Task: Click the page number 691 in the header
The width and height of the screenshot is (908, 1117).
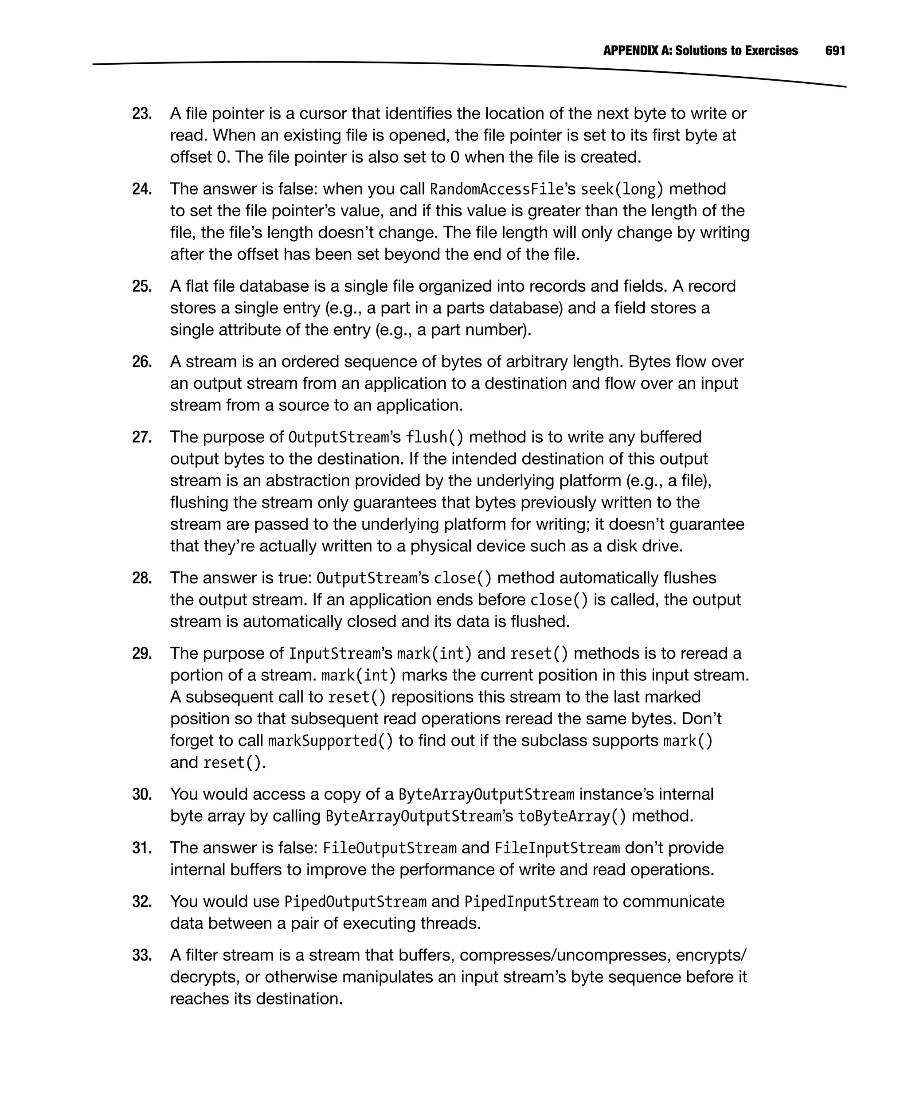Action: (x=835, y=51)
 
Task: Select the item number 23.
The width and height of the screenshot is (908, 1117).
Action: (x=142, y=113)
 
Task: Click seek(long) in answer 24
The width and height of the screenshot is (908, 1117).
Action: (x=622, y=189)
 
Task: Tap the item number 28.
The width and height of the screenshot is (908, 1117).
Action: (x=142, y=578)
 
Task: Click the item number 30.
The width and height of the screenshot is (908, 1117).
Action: (x=142, y=794)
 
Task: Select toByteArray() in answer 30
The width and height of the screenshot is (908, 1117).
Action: (x=571, y=816)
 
